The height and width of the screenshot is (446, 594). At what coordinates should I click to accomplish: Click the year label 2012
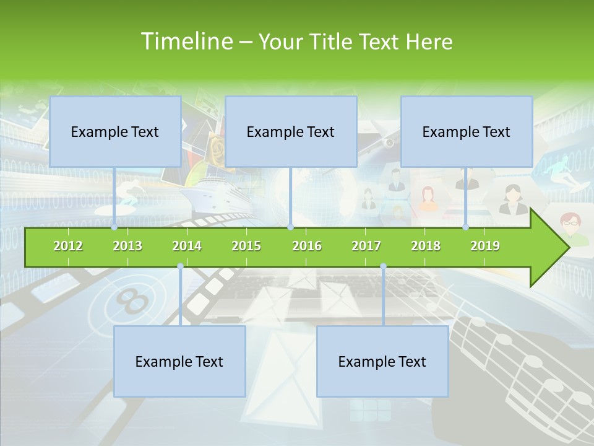(x=68, y=247)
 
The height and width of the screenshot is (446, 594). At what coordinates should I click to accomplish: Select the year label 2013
(x=127, y=247)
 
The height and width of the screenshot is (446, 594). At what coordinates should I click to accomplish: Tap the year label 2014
(x=187, y=247)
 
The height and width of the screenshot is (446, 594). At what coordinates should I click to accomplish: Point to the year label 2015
(x=246, y=247)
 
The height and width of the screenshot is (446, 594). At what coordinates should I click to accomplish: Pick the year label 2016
(x=307, y=247)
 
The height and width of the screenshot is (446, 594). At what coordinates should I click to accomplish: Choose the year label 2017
(x=366, y=247)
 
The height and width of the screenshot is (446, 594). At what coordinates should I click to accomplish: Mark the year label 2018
(x=426, y=247)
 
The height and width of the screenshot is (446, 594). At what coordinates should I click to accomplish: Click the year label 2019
(x=485, y=247)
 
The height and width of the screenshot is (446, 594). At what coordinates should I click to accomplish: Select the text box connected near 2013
(x=115, y=132)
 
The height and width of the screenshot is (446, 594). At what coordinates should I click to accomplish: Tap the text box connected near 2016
(x=291, y=132)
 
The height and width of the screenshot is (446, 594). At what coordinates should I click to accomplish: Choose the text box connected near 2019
(x=467, y=132)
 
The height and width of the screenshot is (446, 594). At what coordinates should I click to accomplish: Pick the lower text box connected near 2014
(x=179, y=362)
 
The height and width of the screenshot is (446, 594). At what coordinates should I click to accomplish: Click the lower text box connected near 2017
(x=382, y=362)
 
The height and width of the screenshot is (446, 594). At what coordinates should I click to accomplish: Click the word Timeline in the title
(x=186, y=42)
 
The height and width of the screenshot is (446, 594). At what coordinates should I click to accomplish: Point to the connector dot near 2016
(x=290, y=227)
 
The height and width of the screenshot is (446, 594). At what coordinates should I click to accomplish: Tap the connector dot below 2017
(x=383, y=266)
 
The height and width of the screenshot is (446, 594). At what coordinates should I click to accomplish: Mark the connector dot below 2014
(x=180, y=266)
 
